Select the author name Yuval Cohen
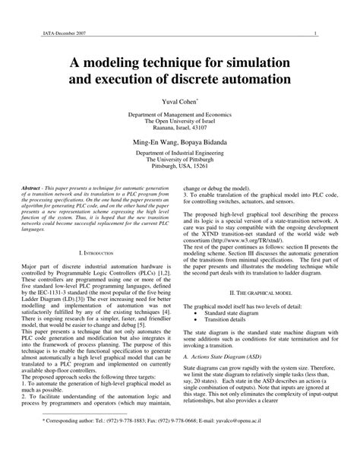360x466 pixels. (x=179, y=102)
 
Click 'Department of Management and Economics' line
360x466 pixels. (x=179, y=113)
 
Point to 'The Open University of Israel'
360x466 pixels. (x=179, y=120)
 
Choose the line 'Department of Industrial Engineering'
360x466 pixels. (x=179, y=153)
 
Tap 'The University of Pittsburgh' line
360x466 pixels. (x=179, y=160)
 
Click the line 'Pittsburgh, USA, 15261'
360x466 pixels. (x=179, y=166)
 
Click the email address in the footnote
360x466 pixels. (x=293, y=439)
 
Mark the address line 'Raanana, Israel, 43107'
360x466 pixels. (x=179, y=127)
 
